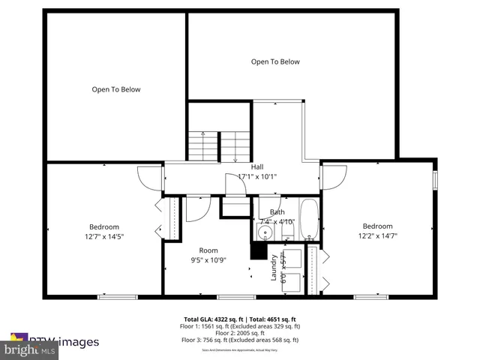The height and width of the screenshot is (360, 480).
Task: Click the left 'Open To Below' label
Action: pyautogui.click(x=116, y=89)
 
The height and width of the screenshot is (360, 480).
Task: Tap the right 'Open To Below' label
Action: pyautogui.click(x=275, y=61)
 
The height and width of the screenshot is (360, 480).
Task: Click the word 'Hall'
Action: pyautogui.click(x=257, y=166)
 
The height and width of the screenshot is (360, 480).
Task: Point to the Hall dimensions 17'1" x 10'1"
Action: pyautogui.click(x=257, y=177)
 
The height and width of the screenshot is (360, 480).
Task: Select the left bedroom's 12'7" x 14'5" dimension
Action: pyautogui.click(x=105, y=236)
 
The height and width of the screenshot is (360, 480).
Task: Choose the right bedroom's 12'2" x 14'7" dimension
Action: pyautogui.click(x=378, y=235)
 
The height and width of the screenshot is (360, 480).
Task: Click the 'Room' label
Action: pyautogui.click(x=208, y=250)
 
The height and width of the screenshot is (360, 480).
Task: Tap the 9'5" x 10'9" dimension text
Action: pyautogui.click(x=208, y=260)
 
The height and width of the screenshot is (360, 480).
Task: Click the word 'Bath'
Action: pyautogui.click(x=277, y=212)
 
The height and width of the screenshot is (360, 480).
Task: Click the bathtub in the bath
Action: pyautogui.click(x=309, y=219)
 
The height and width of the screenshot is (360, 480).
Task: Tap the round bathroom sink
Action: pyautogui.click(x=262, y=232)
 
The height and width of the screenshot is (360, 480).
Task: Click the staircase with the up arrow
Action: pyautogui.click(x=202, y=145)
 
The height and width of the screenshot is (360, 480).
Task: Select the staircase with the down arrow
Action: pyautogui.click(x=235, y=145)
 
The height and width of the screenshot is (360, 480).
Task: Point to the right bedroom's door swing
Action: pyautogui.click(x=334, y=177)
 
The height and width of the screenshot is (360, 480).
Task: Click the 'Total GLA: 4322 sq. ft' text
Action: pyautogui.click(x=212, y=319)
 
